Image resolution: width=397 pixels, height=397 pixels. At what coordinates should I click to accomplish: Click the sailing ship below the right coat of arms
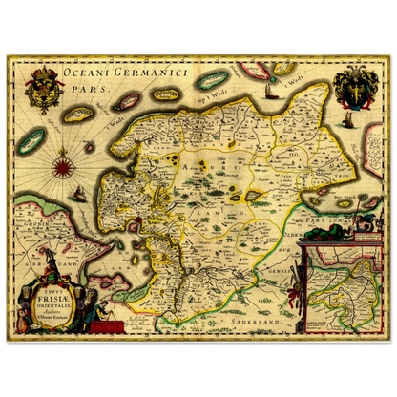349,120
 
